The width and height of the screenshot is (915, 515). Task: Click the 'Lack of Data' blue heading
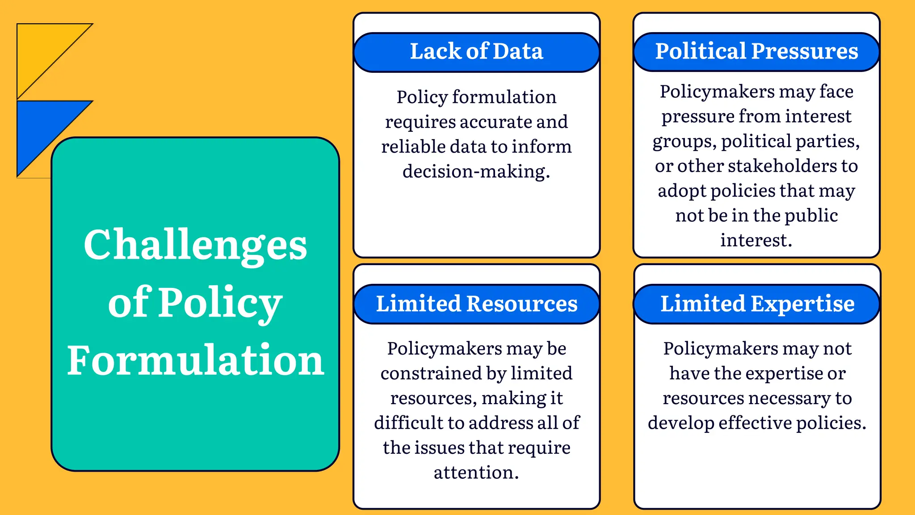tap(476, 51)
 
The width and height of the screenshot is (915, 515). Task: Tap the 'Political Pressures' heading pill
tap(756, 51)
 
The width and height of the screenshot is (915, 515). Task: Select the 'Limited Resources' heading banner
tap(476, 304)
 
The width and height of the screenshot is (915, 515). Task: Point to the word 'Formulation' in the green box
tap(195, 360)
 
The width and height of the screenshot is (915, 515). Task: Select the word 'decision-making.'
tap(476, 172)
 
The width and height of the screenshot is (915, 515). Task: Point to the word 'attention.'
tap(476, 473)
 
